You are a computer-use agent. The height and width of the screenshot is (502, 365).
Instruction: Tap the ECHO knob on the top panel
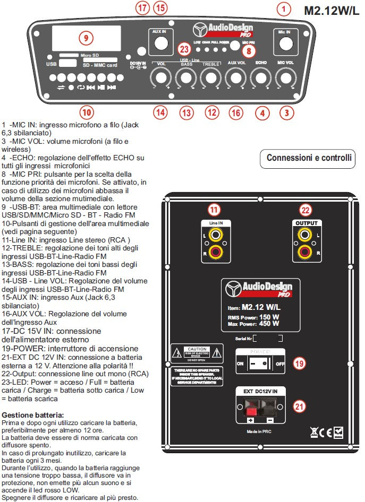[x=260, y=79]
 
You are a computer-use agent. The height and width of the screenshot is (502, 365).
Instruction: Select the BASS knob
[x=185, y=79]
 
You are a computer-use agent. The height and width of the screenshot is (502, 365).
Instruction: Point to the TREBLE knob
[x=211, y=79]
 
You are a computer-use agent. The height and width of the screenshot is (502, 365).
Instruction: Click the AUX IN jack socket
[x=159, y=44]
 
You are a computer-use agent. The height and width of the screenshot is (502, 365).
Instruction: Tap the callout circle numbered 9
[x=86, y=38]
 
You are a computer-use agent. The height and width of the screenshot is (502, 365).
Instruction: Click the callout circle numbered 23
[x=184, y=49]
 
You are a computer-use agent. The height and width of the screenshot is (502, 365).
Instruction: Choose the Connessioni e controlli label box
[x=309, y=158]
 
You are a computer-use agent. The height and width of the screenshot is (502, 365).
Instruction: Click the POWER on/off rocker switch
[x=260, y=364]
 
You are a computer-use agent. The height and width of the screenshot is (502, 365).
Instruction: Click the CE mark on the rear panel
[x=327, y=433]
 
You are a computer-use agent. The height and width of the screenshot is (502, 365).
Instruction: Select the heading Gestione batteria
[x=33, y=414]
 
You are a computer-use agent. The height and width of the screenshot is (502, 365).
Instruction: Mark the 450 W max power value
[x=270, y=324]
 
